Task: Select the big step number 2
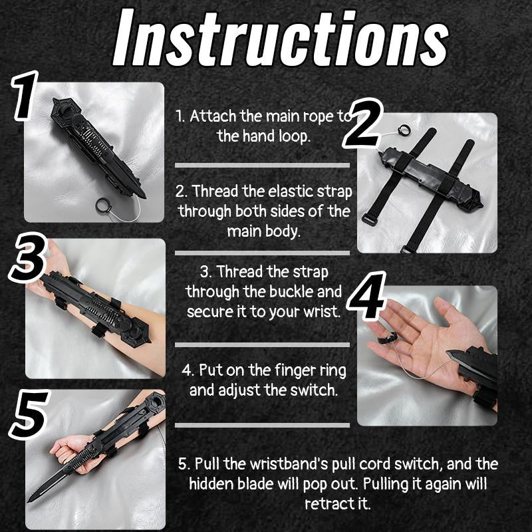coord(364,125)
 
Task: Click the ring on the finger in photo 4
coord(384,338)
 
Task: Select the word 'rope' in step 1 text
coord(318,116)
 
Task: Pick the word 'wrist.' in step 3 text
coord(319,311)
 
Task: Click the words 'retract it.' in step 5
coord(337,503)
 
